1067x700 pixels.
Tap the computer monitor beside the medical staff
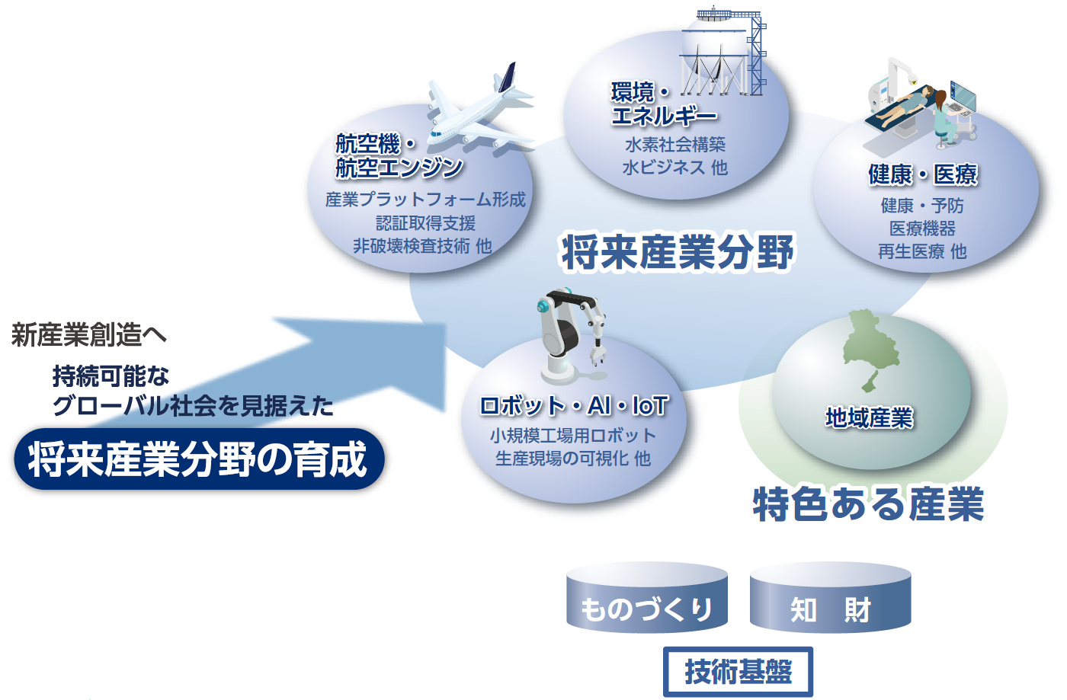coord(962,97)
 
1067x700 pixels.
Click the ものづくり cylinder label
coord(646,609)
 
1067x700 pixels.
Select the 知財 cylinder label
coord(831,609)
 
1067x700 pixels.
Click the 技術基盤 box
coord(738,671)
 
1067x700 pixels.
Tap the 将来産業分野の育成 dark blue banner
coord(199,459)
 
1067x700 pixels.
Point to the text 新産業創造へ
coord(89,334)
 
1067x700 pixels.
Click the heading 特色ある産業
coord(868,503)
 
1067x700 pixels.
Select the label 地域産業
coord(870,417)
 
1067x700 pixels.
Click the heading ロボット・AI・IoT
coord(574,406)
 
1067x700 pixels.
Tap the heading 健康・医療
coord(923,174)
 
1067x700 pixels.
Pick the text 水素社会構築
coord(675,144)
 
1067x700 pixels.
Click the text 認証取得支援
coord(425,223)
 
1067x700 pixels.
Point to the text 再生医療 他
coord(922,251)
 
